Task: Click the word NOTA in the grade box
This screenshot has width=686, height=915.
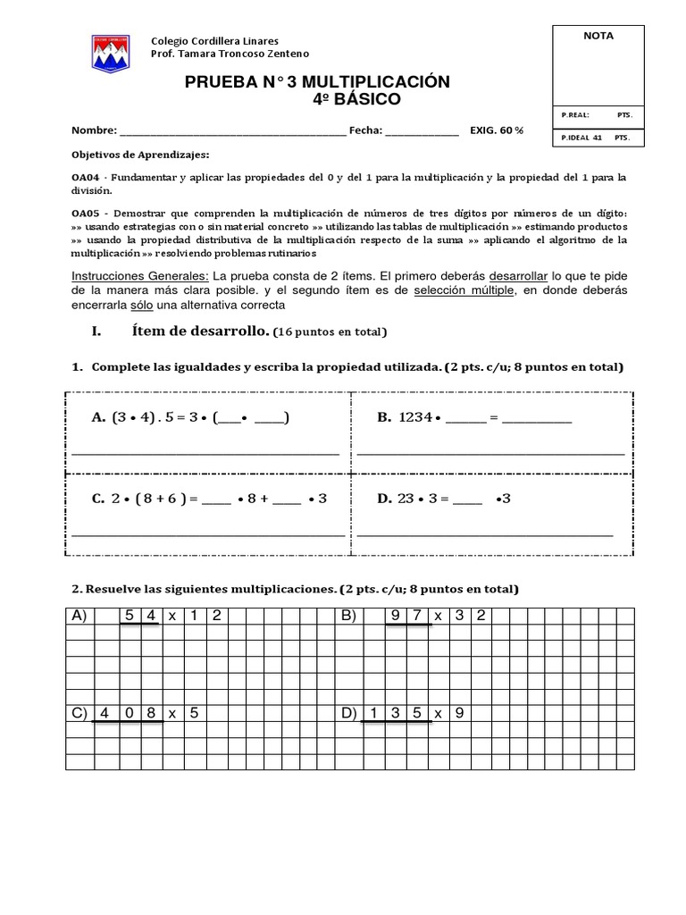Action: (x=598, y=36)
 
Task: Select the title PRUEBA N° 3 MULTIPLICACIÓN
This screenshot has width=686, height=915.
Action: (x=317, y=83)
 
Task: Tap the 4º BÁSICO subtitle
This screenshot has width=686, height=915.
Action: (x=356, y=99)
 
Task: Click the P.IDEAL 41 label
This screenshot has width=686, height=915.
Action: (x=581, y=139)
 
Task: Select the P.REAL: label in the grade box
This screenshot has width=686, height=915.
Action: (x=575, y=115)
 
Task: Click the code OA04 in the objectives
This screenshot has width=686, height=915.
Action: (x=86, y=178)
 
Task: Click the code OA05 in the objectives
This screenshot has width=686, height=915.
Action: (x=86, y=213)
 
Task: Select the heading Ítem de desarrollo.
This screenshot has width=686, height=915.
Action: (x=201, y=332)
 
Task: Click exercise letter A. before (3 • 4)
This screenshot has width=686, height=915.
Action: (x=98, y=417)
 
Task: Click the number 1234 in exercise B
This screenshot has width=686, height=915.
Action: (x=415, y=417)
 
